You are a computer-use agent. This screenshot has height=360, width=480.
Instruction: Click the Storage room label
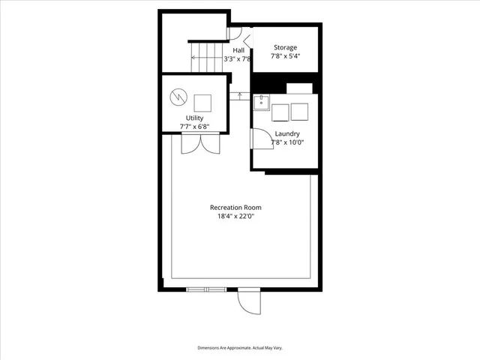(284, 47)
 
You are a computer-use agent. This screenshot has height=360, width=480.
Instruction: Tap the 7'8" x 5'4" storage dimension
(284, 55)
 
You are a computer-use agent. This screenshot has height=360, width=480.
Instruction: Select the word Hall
(238, 50)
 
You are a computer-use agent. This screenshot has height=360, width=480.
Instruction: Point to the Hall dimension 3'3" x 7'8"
(239, 58)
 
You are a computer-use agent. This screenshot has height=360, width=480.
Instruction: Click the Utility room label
(194, 118)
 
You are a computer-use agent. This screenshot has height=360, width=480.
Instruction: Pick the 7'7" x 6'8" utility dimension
(194, 127)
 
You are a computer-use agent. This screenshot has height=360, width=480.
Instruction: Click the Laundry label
(287, 134)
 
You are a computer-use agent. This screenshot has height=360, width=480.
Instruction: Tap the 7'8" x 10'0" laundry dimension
(287, 142)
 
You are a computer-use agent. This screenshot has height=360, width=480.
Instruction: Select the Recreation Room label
(235, 207)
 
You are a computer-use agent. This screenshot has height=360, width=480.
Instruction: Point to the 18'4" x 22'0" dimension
(235, 216)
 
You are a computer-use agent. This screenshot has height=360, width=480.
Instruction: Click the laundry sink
(261, 103)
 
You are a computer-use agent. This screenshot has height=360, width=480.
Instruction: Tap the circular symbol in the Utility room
(178, 97)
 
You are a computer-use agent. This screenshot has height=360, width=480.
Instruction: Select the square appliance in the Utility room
(203, 103)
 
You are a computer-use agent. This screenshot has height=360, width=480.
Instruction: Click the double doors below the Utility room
(199, 143)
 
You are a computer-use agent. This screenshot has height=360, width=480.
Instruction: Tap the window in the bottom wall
(205, 289)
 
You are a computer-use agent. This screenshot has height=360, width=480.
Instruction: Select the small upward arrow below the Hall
(239, 94)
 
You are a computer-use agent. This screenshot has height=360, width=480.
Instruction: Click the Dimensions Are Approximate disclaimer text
(240, 348)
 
